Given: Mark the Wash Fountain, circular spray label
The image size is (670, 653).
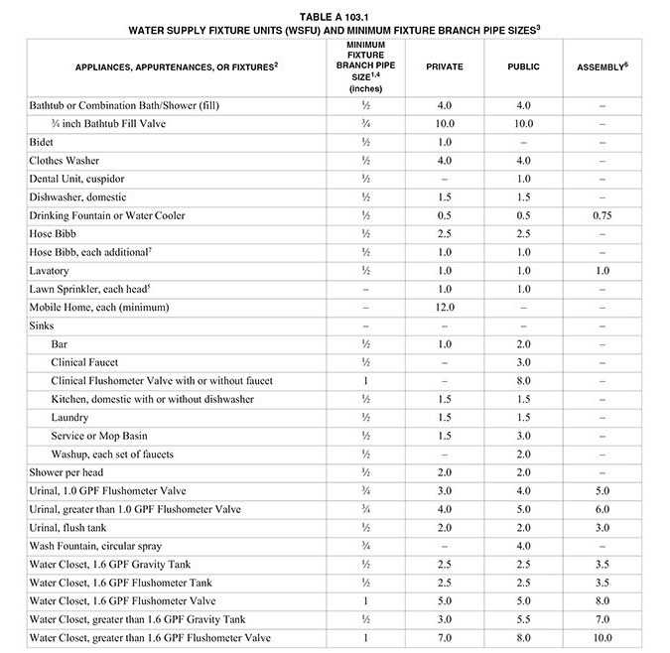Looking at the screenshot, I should [95, 546].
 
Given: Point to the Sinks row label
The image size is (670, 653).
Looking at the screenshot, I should [43, 326].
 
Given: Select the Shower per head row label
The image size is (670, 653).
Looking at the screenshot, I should [71, 472].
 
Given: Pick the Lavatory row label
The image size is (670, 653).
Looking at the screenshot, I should [50, 270].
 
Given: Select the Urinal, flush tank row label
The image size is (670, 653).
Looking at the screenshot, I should [74, 527].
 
